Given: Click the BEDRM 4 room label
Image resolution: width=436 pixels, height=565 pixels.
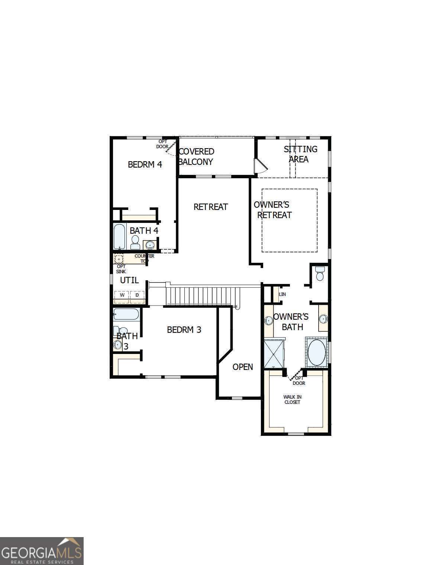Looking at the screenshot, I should click(145, 164).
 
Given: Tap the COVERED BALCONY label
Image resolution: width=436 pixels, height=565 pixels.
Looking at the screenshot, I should click(196, 157).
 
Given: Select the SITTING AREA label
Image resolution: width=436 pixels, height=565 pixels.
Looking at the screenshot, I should click(300, 154).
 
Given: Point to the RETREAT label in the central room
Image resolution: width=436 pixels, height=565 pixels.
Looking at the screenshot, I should click(211, 207).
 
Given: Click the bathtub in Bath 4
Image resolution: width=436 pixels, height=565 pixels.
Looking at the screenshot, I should click(120, 237).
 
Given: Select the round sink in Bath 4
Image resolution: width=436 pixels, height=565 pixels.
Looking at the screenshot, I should click(150, 245).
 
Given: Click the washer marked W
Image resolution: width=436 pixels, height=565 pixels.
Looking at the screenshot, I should click(122, 295).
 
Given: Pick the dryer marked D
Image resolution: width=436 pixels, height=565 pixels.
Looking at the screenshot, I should click(137, 295).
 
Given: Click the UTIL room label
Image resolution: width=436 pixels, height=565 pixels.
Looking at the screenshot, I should click(129, 280).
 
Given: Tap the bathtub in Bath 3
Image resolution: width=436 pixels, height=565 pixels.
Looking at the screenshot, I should click(126, 314).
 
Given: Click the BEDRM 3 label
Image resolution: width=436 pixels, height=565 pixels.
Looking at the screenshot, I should click(184, 330).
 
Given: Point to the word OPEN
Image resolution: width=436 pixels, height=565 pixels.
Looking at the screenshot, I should click(243, 367).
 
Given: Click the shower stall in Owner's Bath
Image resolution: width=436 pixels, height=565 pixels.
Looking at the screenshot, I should click(274, 354).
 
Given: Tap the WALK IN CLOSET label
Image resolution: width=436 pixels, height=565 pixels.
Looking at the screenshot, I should click(292, 400).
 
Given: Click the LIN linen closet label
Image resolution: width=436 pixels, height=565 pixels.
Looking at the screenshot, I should click(282, 294).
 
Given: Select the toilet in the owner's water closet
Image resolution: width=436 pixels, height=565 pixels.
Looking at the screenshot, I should click(320, 274).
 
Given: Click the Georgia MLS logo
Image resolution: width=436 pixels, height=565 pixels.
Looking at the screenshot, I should click(42, 551).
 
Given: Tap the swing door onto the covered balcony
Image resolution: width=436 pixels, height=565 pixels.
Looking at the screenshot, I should click(260, 166).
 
